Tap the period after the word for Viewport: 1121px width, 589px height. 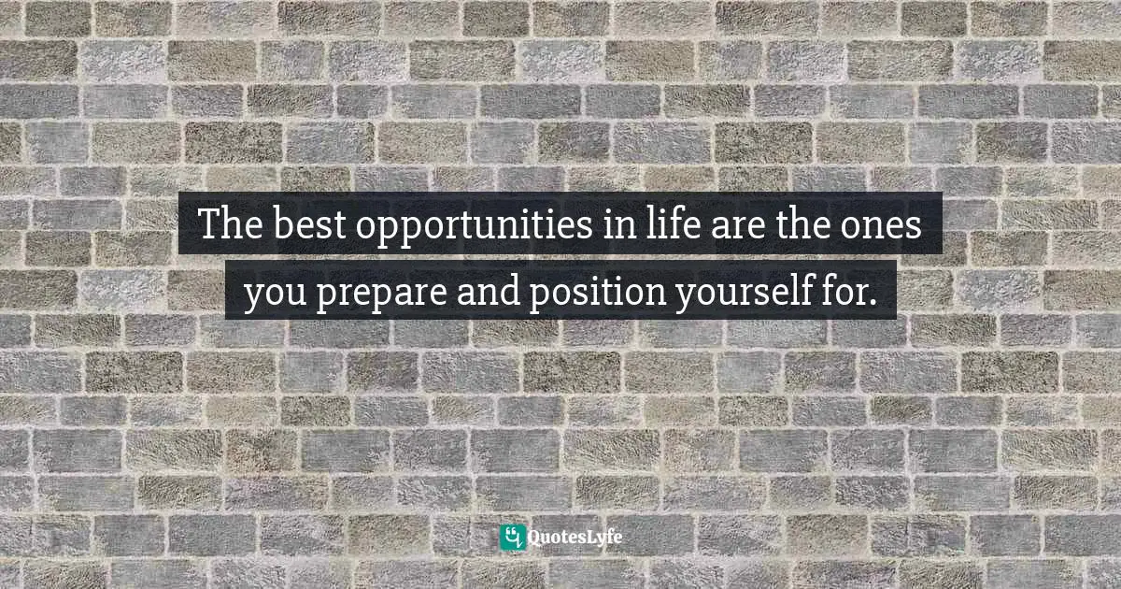pyautogui.click(x=873, y=301)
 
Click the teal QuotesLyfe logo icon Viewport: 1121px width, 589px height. pyautogui.click(x=512, y=537)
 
